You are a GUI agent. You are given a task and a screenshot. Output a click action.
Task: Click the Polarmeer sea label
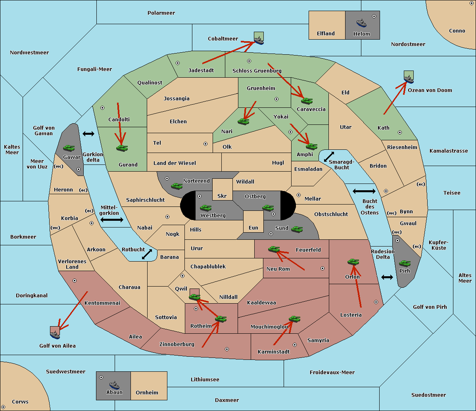pyautogui.click(x=161, y=13)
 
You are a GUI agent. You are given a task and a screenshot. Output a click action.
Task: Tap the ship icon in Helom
pyautogui.click(x=361, y=23)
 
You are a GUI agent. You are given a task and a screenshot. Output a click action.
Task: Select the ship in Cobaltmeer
pyautogui.click(x=259, y=40)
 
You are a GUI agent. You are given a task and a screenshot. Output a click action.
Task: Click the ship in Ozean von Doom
pyautogui.click(x=408, y=78)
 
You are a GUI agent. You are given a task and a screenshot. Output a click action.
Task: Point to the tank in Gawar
pyautogui.click(x=69, y=148)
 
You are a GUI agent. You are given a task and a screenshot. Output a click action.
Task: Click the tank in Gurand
pyautogui.click(x=122, y=148)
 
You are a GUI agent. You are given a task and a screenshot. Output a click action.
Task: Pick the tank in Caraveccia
pyautogui.click(x=307, y=101)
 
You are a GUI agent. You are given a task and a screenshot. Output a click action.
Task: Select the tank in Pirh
pyautogui.click(x=405, y=264)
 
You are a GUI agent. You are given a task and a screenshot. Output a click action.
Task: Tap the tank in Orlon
pyautogui.click(x=353, y=262)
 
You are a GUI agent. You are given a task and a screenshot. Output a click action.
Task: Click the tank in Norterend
pyautogui.click(x=177, y=185)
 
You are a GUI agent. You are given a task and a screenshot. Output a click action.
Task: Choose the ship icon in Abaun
pyautogui.click(x=114, y=385)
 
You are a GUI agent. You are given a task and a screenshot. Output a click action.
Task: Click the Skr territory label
pyautogui.click(x=222, y=196)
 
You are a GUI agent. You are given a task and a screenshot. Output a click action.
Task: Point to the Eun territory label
pyautogui.click(x=253, y=228)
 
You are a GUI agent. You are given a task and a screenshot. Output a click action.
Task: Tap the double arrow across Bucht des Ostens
pyautogui.click(x=364, y=191)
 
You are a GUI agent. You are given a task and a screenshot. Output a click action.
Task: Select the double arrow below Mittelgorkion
pyautogui.click(x=112, y=220)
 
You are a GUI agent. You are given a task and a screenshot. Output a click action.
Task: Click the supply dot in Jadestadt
pyautogui.click(x=178, y=63)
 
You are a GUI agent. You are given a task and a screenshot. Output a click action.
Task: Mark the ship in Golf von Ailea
pyautogui.click(x=55, y=334)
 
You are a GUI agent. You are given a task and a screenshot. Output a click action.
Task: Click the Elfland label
pyautogui.click(x=326, y=34)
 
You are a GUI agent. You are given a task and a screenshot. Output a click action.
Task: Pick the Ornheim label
pyautogui.click(x=147, y=393)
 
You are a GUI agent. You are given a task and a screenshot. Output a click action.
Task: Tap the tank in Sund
pyautogui.click(x=297, y=229)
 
